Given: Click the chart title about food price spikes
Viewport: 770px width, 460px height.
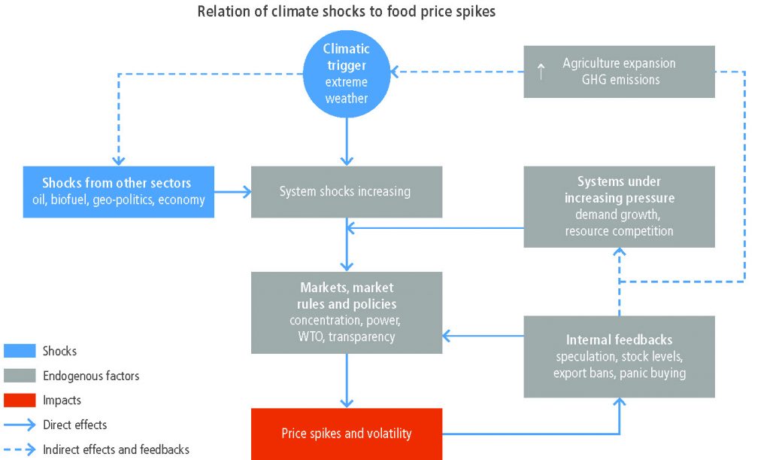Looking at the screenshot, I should coord(346,12).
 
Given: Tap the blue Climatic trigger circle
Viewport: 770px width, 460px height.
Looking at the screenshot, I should coord(347,73).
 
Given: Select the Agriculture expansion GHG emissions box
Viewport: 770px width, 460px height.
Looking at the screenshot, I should coord(619,72).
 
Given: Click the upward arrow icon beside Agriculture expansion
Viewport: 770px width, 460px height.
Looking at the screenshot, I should coord(540,72).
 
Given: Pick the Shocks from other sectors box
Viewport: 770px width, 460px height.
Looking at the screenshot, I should coord(118,192).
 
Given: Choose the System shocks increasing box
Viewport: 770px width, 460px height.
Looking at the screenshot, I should coord(346,192).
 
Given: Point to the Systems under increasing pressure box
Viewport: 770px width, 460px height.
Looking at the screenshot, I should coord(619,206).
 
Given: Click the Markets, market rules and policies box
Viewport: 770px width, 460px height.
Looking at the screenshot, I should coord(346,312).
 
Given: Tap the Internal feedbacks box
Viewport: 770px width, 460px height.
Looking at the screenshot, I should coord(619,356).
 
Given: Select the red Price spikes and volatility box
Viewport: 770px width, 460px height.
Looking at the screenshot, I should coord(346,434).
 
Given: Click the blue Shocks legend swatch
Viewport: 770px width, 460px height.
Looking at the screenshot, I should coord(20,351).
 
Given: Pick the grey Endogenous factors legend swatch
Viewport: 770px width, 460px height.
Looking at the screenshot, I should coord(20,375).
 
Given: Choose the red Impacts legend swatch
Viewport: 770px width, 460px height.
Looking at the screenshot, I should coord(20,400).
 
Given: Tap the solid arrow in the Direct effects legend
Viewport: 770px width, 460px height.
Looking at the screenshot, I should coord(20,425).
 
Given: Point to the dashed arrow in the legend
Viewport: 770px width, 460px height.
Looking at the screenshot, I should coord(20,449).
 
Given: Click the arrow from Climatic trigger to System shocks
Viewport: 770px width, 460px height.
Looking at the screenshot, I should coord(347,142).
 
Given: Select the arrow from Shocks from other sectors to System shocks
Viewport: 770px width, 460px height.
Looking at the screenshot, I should coord(232,192).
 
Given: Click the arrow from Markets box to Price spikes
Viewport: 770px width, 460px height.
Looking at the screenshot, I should coord(347,380).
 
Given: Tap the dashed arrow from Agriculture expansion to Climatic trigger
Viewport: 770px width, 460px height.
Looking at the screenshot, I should coord(459,72).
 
